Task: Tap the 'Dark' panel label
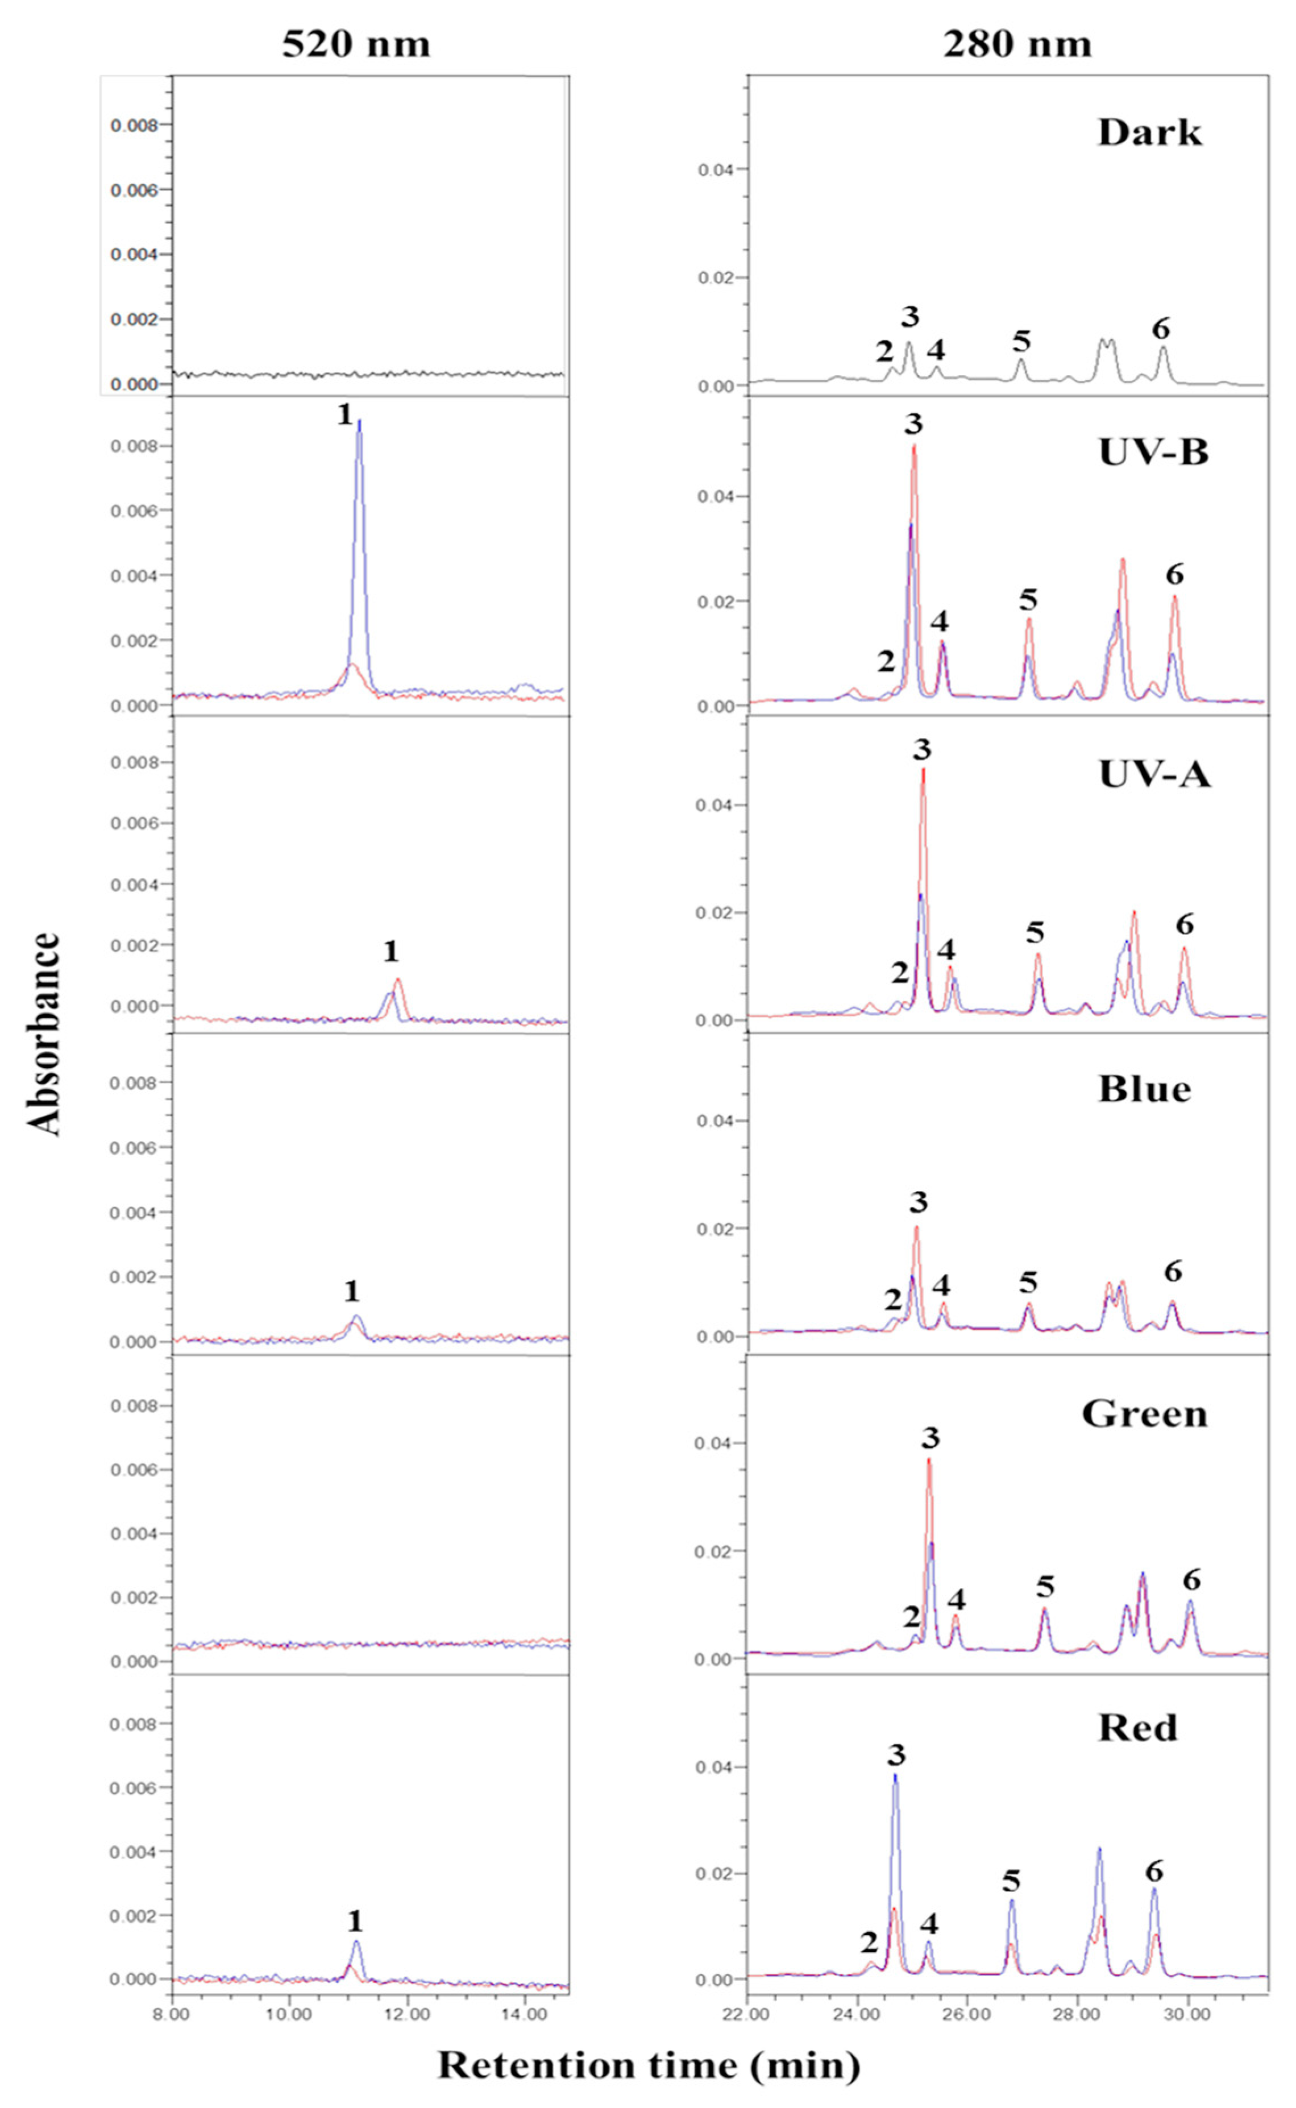coord(1149,133)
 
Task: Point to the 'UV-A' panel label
coord(1154,774)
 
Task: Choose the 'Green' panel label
coord(1144,1414)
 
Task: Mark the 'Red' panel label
coord(1137,1727)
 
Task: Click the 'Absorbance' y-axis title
coord(44,1034)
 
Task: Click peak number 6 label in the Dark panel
coord(1161,329)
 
